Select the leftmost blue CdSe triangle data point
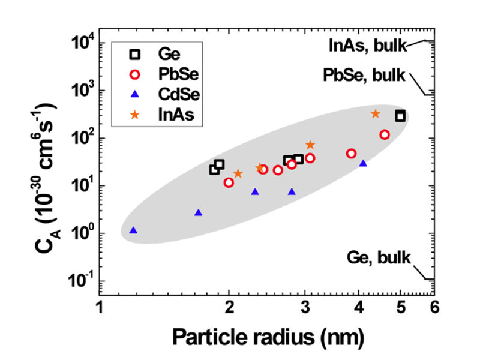pyautogui.click(x=133, y=230)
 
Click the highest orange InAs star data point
pyautogui.click(x=376, y=113)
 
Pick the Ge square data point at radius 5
pyautogui.click(x=400, y=116)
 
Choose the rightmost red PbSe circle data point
pyautogui.click(x=385, y=135)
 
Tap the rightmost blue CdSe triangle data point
pyautogui.click(x=363, y=163)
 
